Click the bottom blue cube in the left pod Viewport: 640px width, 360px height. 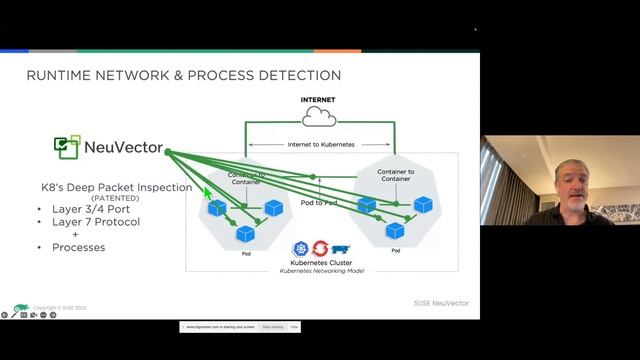click(x=245, y=233)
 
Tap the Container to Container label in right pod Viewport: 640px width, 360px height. click(x=397, y=176)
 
